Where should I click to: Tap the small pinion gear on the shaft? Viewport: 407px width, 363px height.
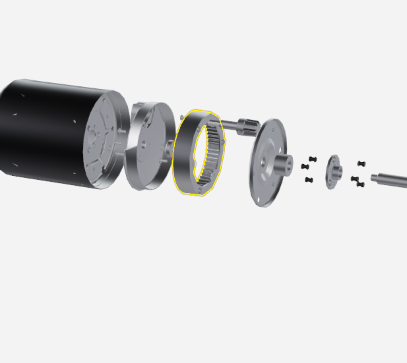[x=247, y=126]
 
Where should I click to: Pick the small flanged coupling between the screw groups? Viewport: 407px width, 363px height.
[x=334, y=172]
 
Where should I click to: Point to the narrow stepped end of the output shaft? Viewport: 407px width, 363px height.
[x=375, y=178]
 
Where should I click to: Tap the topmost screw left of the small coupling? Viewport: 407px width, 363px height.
[x=312, y=159]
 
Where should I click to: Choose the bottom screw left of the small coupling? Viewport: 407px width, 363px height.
[x=309, y=180]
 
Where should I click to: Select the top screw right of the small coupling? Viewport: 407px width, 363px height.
[x=361, y=163]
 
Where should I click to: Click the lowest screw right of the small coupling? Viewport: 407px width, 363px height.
[x=360, y=184]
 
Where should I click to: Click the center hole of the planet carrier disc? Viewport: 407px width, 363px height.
[x=143, y=144]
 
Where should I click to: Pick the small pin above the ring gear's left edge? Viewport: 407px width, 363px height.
[x=182, y=117]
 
